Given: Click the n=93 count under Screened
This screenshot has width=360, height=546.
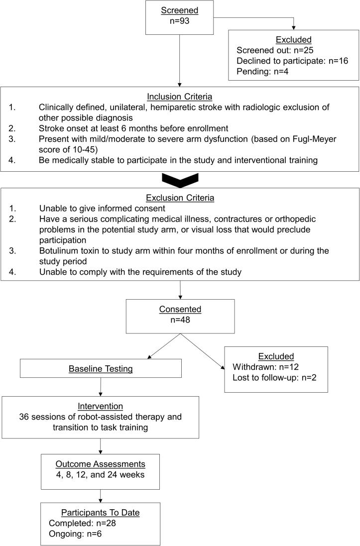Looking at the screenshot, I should click(180, 22).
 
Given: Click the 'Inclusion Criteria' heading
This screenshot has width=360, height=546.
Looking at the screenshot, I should click(180, 96).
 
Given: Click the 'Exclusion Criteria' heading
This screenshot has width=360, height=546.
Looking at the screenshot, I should click(180, 198).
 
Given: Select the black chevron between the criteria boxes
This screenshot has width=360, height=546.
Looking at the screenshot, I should click(180, 179).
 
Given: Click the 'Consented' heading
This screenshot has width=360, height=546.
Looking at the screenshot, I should click(180, 309).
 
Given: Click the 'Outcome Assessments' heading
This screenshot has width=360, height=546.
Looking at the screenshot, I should click(101, 464).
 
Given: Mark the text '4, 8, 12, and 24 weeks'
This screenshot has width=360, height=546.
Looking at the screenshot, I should click(101, 475).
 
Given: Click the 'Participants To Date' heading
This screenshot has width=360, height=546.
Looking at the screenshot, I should click(101, 512).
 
